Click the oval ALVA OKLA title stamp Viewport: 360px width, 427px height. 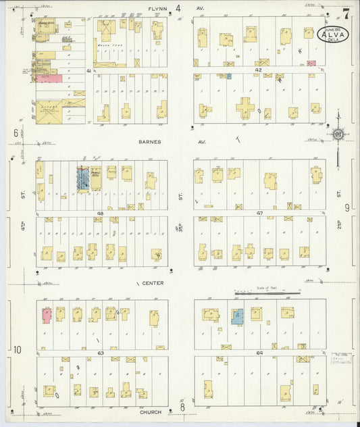tap(332, 34)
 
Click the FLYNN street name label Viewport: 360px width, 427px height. tap(157, 9)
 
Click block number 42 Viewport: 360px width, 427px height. tap(258, 70)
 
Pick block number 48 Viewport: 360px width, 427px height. tap(99, 213)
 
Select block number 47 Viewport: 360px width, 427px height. tap(259, 213)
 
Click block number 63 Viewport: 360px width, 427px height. tap(100, 352)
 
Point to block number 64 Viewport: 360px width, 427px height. tap(259, 352)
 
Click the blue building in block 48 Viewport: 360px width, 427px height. tap(82, 180)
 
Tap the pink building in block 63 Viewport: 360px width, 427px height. tap(47, 315)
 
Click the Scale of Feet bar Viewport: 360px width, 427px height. tap(267, 293)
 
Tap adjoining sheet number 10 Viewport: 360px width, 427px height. tap(18, 349)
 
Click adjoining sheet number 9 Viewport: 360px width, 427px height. tap(347, 207)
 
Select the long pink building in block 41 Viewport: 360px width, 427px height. tap(49, 78)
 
